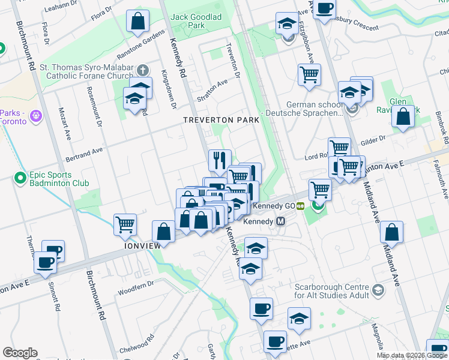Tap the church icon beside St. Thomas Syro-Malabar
(143, 70)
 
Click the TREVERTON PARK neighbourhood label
(221, 120)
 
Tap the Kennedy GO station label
(274, 206)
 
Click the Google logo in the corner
(20, 353)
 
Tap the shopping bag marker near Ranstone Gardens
(137, 22)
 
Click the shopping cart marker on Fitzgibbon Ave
(309, 75)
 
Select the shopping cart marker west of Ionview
(125, 225)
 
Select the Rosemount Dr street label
(95, 107)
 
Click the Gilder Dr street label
(372, 142)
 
